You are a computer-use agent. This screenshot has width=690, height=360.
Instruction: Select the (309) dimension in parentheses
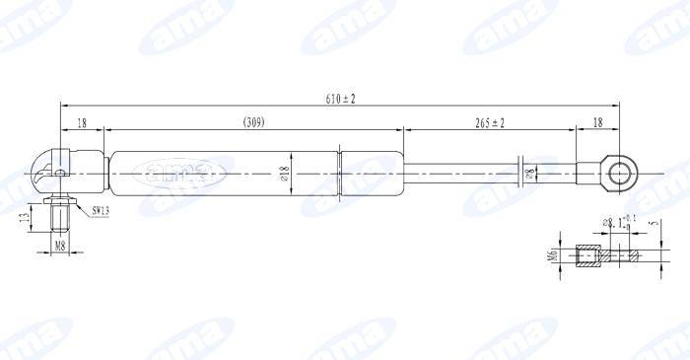(x=253, y=122)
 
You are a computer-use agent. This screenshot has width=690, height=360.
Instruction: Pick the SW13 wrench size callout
(x=101, y=210)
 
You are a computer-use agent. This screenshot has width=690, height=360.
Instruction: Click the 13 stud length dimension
(x=26, y=217)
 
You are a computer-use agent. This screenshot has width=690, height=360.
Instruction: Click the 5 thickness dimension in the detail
(x=654, y=223)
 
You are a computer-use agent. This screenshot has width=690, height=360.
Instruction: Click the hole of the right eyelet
(x=620, y=174)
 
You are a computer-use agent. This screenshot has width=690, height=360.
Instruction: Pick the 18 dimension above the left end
(x=82, y=122)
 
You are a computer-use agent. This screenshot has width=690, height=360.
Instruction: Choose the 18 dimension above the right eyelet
(x=598, y=122)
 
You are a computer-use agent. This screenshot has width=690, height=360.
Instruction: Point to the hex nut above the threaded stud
(x=60, y=201)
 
